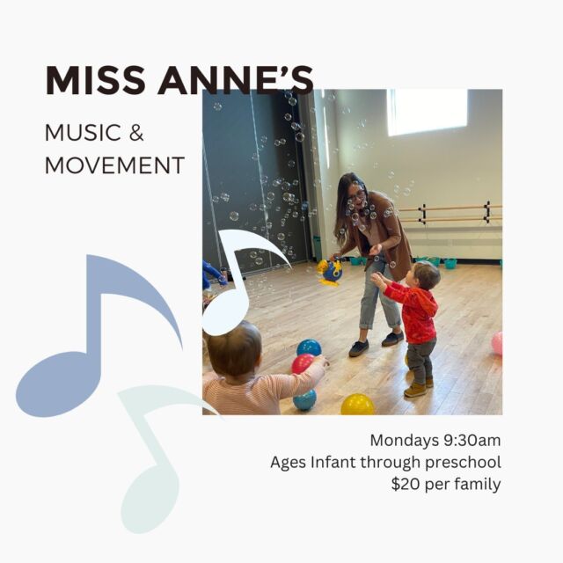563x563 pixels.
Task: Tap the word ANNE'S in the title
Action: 236,80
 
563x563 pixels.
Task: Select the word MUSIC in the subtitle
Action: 83,133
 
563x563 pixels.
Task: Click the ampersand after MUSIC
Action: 136,133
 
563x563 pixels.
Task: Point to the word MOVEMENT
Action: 115,165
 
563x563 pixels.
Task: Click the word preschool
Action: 464,463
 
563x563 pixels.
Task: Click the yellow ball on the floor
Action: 357,405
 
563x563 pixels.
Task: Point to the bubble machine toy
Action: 330,272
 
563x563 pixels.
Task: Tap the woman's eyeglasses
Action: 356,196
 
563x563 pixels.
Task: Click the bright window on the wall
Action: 428,113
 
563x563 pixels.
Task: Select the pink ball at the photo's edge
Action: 497,343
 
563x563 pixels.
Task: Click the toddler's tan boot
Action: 416,390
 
